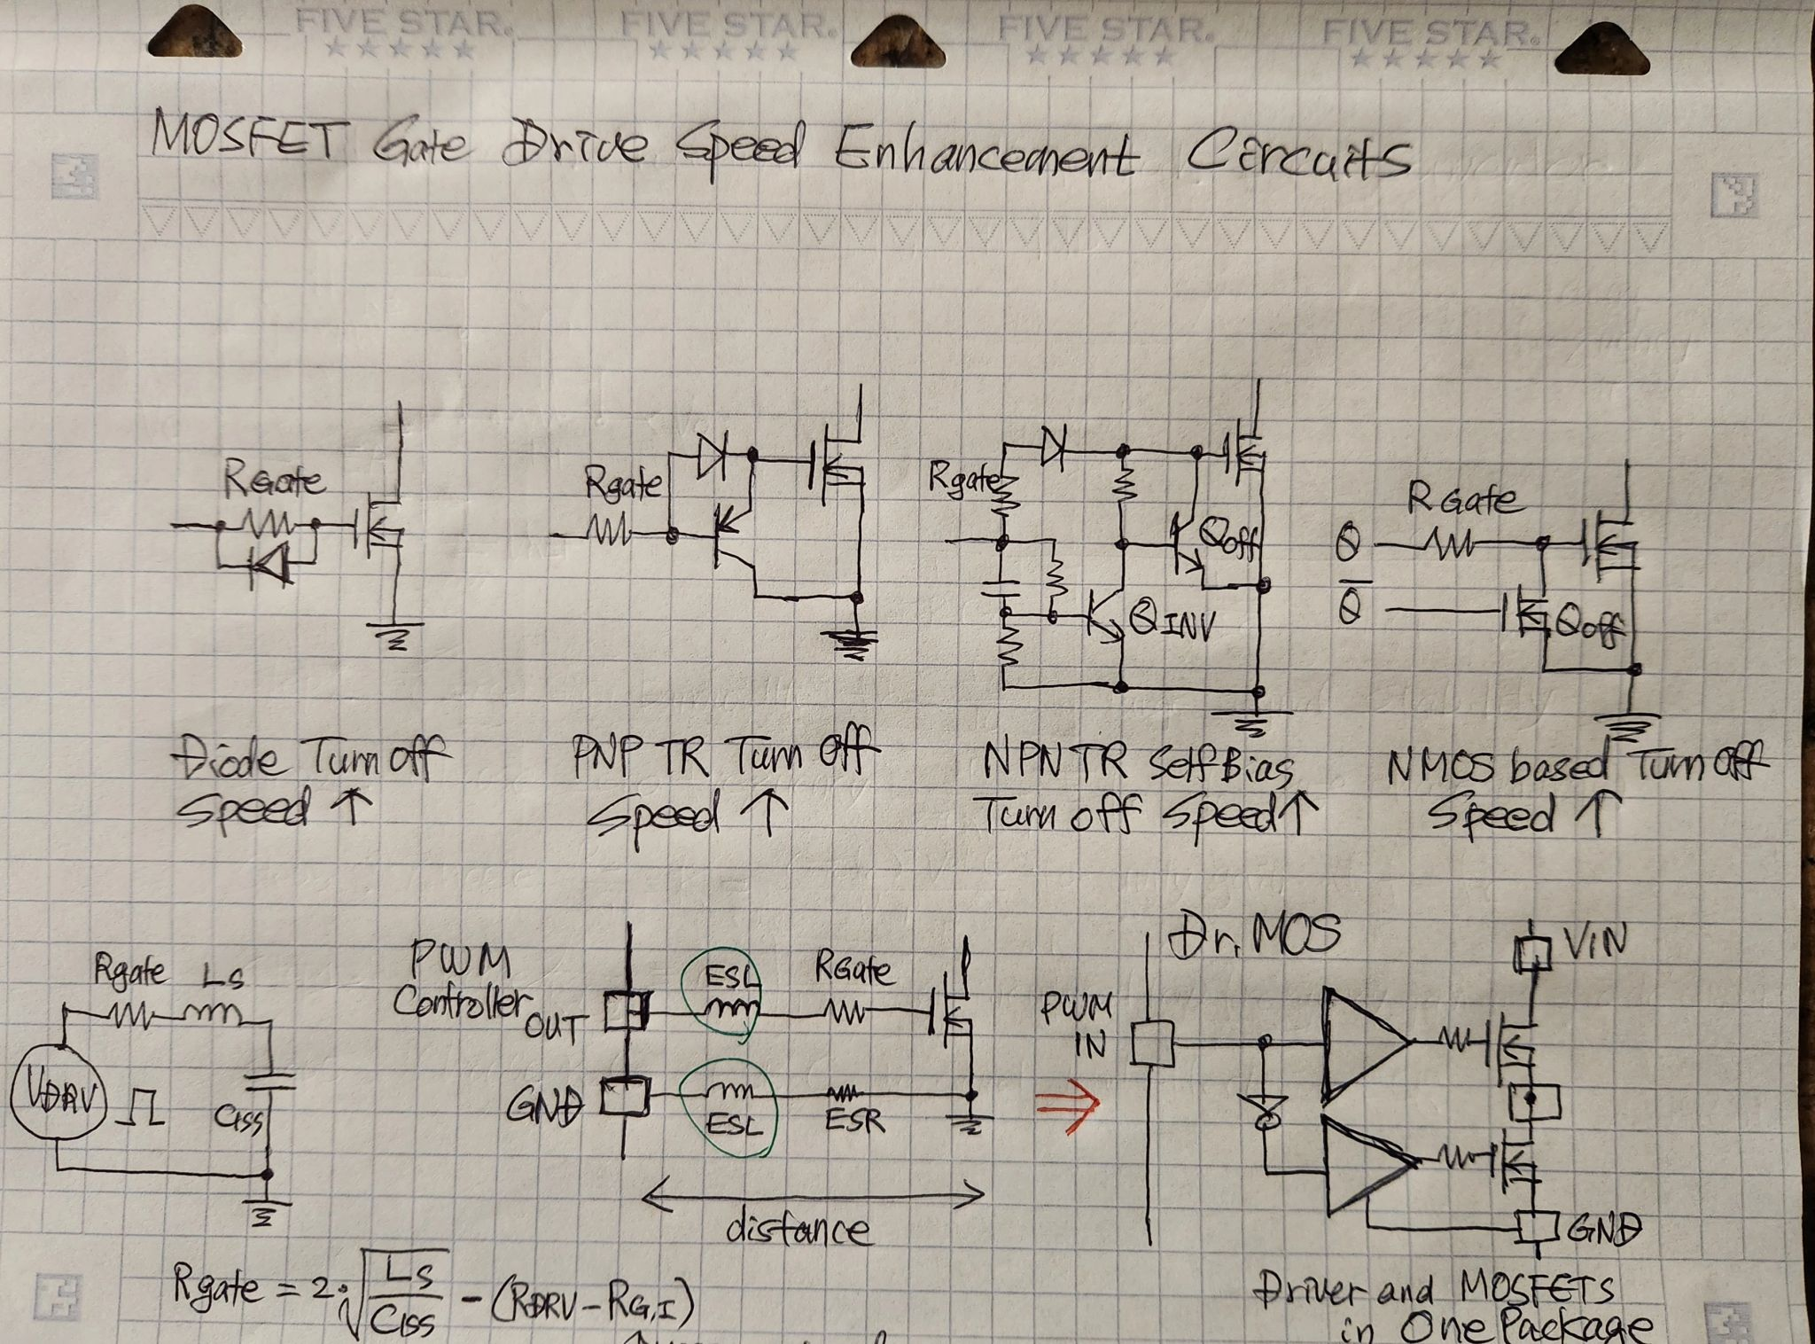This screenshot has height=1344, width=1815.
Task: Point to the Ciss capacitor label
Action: point(238,1121)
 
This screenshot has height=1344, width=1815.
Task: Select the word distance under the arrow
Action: point(798,1230)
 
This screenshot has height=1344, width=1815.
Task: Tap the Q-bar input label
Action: point(1349,607)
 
